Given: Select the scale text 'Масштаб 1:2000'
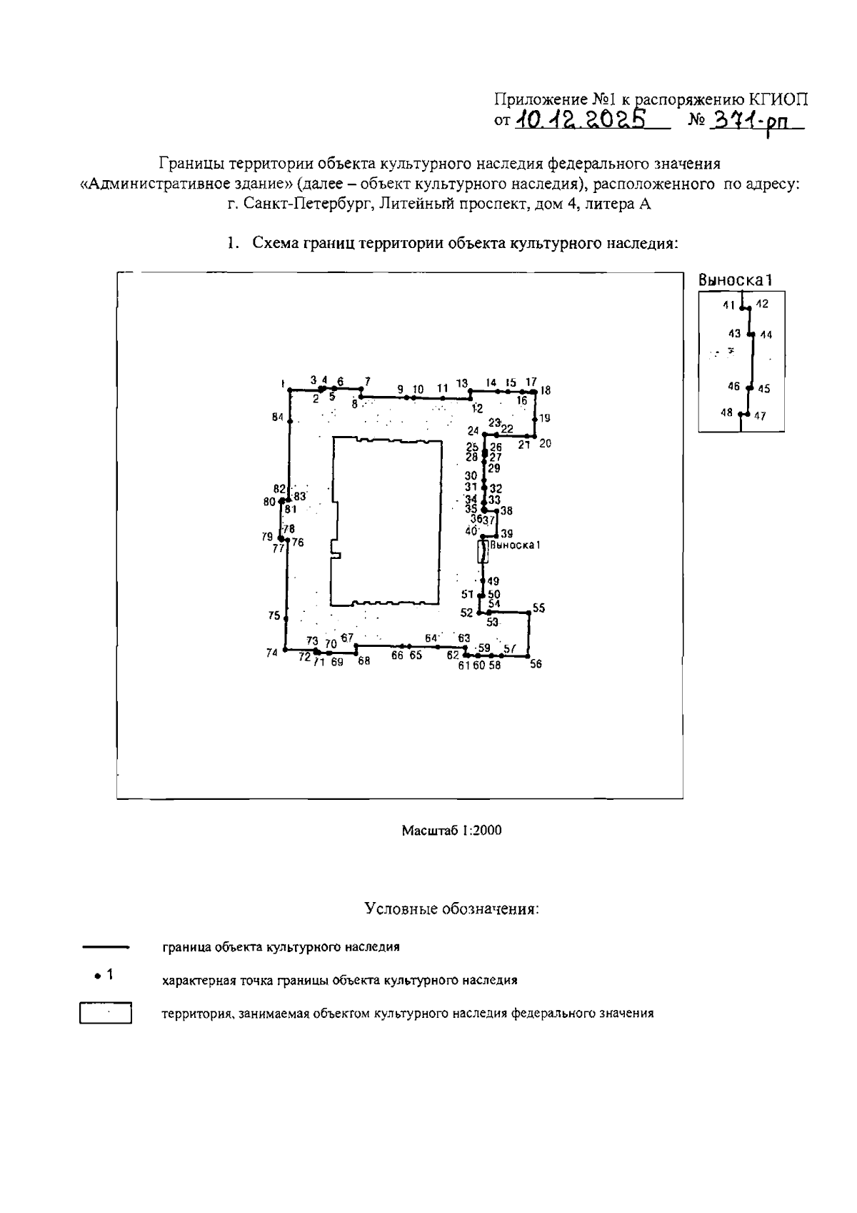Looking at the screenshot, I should tap(451, 830).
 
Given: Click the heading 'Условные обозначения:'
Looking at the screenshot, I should tap(451, 909).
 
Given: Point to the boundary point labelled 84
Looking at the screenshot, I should tap(290, 422).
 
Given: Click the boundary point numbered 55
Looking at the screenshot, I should tap(528, 613).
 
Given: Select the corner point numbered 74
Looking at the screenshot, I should tap(285, 649).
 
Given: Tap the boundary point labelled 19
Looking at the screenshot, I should tap(535, 419).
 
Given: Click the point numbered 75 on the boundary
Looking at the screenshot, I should tap(286, 617).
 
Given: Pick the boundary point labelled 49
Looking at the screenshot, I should tap(483, 580).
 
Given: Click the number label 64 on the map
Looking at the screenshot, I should tap(431, 638).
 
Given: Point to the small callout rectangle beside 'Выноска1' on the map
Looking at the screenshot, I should tap(483, 552).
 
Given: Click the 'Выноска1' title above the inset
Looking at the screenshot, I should tap(736, 281).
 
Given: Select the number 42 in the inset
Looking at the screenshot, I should tap(763, 304).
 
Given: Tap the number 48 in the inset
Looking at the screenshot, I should tap(727, 412).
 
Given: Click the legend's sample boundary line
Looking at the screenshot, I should tap(105, 947).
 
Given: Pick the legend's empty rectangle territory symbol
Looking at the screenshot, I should tap(106, 1014).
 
